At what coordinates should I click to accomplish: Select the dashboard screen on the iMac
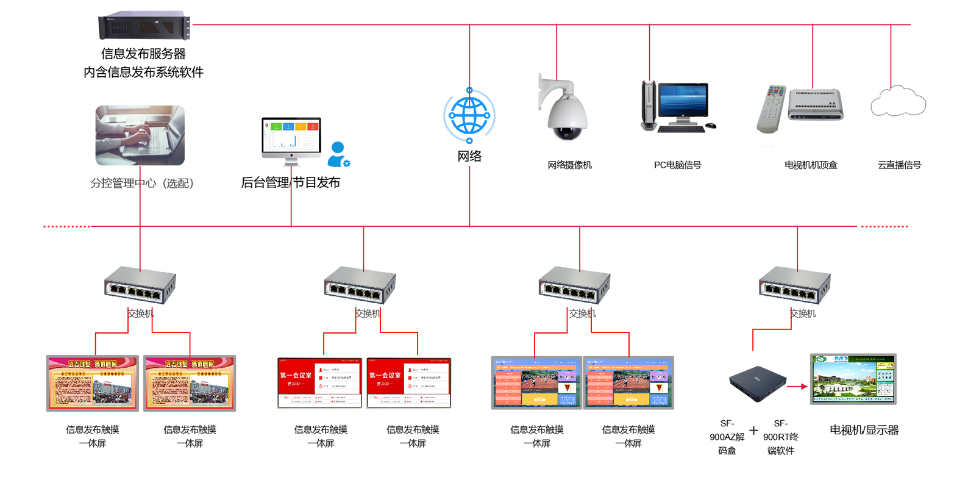tap(291, 135)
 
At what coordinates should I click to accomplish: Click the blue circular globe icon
tap(468, 115)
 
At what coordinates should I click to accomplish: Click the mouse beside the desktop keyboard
tap(711, 125)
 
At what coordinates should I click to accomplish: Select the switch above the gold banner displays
tap(140, 284)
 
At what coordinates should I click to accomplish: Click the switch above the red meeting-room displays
tap(360, 284)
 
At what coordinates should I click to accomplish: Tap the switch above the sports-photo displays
tap(574, 284)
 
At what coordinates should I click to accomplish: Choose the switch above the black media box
tap(794, 284)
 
